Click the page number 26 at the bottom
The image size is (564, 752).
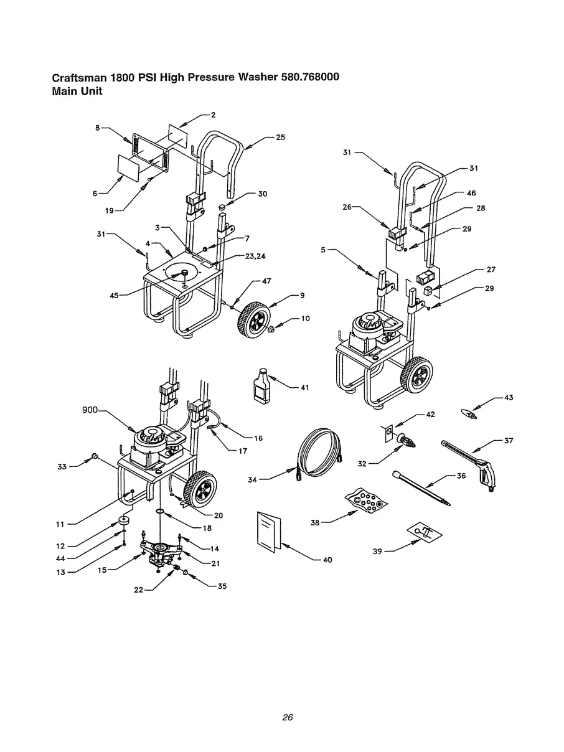pyautogui.click(x=287, y=717)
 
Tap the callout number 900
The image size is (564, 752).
pyautogui.click(x=90, y=410)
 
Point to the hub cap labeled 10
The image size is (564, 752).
pyautogui.click(x=271, y=328)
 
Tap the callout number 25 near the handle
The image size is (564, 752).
pyautogui.click(x=280, y=137)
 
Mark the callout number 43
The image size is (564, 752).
pyautogui.click(x=508, y=398)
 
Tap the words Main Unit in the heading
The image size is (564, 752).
pyautogui.click(x=77, y=91)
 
